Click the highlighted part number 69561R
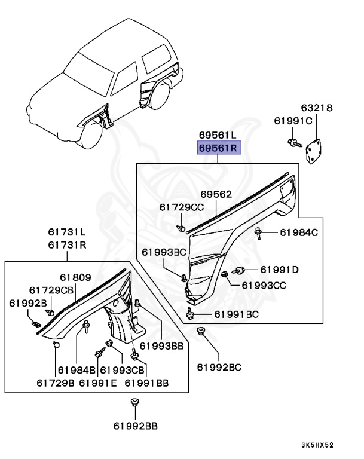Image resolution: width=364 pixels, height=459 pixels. pos(219,148)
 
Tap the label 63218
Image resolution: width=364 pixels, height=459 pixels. pos(317,108)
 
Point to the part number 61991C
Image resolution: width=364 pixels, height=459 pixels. pos(293,120)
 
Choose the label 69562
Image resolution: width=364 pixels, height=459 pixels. pos(216,194)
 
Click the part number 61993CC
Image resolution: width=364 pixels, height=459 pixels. pos(264,285)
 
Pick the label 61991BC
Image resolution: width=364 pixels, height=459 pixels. pos(237,314)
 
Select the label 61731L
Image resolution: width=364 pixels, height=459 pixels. pos(66,232)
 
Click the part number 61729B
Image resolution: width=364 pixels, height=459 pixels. pos(55,382)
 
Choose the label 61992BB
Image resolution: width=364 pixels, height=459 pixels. pos(135,426)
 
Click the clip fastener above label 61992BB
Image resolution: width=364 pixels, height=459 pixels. pos(135,403)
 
